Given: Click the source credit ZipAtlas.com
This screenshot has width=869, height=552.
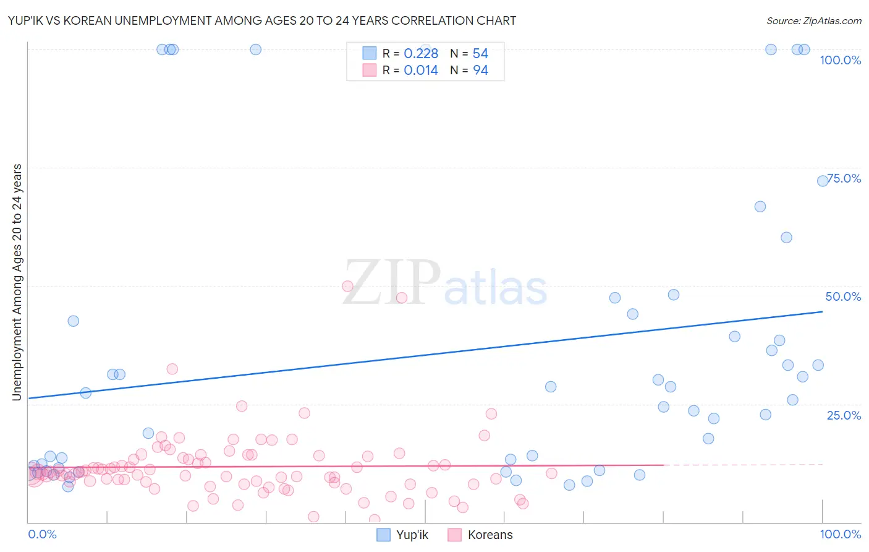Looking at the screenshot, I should (813, 20).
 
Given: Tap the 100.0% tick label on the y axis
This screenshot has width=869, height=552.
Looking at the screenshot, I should (840, 60).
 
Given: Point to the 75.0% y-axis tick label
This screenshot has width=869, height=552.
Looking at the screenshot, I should (844, 178).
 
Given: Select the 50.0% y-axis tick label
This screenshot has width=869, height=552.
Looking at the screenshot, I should (843, 296).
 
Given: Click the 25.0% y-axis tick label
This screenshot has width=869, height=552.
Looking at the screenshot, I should (844, 415).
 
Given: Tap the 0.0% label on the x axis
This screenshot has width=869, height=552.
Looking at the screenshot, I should (42, 534).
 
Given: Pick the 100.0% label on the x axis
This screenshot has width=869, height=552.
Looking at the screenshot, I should (840, 534).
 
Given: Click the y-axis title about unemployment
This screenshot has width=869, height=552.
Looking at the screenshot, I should (17, 282).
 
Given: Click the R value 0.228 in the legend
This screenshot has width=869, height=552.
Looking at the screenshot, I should (421, 54).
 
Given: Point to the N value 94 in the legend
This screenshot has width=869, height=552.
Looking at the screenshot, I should (480, 71).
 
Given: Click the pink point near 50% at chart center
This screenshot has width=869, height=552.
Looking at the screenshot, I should (347, 286).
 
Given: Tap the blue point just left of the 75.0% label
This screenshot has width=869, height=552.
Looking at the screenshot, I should (823, 181).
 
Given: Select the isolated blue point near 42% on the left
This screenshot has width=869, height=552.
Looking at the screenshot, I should (73, 321).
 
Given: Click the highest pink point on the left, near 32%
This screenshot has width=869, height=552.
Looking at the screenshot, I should (172, 369).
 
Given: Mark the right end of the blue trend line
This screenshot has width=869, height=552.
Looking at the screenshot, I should (822, 311).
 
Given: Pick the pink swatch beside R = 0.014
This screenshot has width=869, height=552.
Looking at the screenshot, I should (369, 70).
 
